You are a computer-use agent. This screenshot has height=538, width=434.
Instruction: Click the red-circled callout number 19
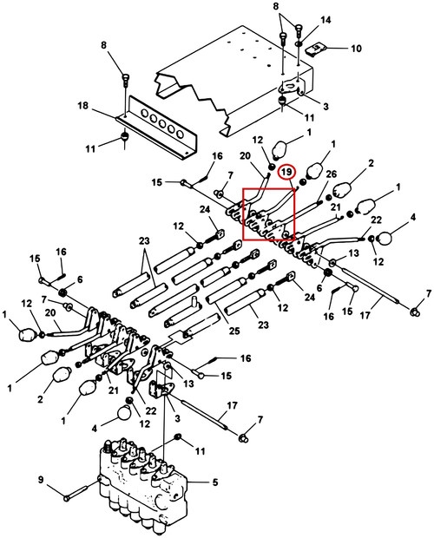(x=286, y=172)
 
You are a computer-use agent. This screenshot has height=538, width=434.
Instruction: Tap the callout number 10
(x=356, y=49)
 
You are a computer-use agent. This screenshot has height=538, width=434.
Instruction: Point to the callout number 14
(x=325, y=20)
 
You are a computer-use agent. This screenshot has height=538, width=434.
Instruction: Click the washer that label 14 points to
(x=299, y=44)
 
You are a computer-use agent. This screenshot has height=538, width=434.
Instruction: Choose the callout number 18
(x=83, y=105)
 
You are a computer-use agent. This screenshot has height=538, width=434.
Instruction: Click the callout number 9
(x=41, y=479)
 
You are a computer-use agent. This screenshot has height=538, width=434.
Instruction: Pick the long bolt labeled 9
(x=81, y=490)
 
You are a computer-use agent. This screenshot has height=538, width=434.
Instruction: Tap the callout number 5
(x=214, y=482)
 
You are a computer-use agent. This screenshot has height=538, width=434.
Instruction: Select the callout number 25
(x=234, y=331)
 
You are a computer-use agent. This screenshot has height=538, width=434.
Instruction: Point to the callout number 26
(x=331, y=174)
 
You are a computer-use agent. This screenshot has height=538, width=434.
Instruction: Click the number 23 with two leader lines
(x=144, y=241)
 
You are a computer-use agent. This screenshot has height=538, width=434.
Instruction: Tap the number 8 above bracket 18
(x=103, y=45)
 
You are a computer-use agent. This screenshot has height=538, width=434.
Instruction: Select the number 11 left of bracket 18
(x=90, y=149)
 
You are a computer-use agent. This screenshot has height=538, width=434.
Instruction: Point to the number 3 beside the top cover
(x=325, y=107)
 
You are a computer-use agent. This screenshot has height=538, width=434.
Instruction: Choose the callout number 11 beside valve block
(x=200, y=450)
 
